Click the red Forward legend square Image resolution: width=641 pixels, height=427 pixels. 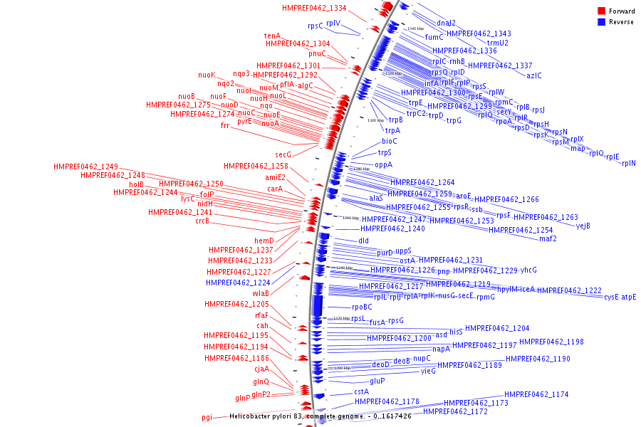point(601,11)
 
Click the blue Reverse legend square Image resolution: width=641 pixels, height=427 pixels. point(601,22)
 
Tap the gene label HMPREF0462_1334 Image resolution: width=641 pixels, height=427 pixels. point(314,9)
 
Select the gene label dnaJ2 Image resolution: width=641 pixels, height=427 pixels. point(446,23)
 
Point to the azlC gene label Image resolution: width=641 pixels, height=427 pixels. point(534,75)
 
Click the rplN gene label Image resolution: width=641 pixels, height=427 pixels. point(629,164)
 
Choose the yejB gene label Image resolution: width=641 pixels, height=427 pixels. point(583,226)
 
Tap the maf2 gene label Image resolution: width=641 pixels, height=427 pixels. point(548,238)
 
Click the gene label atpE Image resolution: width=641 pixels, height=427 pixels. point(629,297)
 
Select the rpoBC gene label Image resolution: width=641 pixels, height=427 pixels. point(362,307)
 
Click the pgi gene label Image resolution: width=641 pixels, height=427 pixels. point(207,418)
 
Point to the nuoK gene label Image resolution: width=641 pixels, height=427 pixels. point(207,75)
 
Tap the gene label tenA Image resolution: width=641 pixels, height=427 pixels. point(272,36)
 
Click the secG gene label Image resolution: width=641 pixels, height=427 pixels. point(283,154)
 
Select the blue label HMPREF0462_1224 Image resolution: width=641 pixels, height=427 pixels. point(238,283)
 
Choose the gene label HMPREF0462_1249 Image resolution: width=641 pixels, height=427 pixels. point(85,167)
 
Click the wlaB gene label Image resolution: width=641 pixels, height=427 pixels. point(260,293)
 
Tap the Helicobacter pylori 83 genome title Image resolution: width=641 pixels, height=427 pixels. point(320,416)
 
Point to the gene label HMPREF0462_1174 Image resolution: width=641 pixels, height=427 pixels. point(536,394)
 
